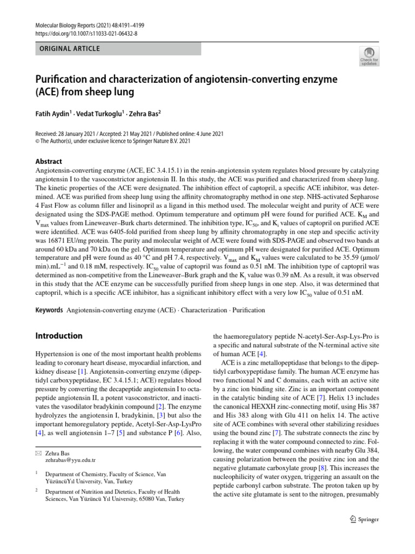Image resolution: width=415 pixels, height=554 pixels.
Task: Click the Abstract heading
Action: click(x=49, y=161)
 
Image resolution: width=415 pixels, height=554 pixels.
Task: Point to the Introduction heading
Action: click(x=59, y=336)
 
